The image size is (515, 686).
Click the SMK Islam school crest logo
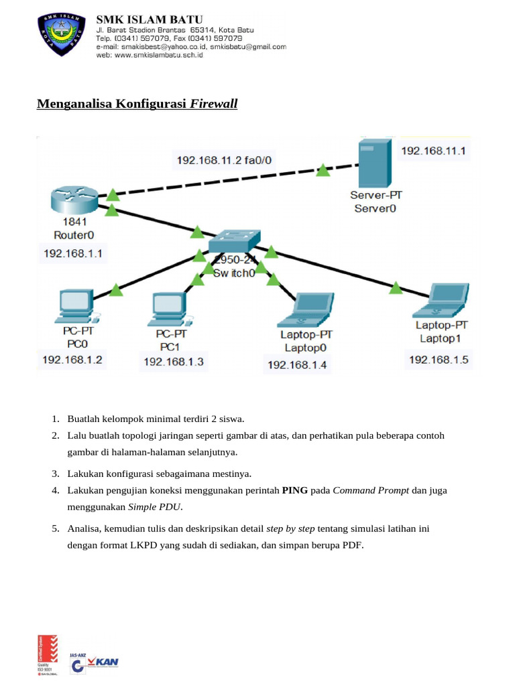[61, 36]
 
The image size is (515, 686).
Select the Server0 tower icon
[374, 163]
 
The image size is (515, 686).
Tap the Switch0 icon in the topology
[234, 241]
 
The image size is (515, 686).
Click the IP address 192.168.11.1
[435, 151]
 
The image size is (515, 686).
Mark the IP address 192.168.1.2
[72, 360]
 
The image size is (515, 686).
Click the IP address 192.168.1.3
[173, 362]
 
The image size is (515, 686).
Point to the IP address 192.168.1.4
[297, 364]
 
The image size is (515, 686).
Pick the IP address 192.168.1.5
[439, 360]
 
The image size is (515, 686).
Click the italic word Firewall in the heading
[214, 105]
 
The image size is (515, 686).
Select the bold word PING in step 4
[296, 490]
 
